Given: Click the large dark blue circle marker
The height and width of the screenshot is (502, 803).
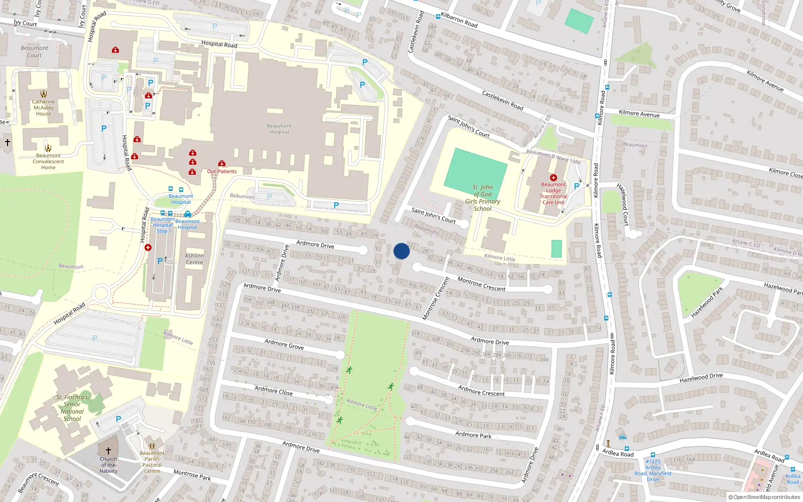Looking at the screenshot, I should (x=401, y=251).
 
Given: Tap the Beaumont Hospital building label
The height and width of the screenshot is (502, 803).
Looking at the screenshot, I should (x=279, y=129).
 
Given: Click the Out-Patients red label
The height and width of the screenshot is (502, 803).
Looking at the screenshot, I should (x=222, y=171).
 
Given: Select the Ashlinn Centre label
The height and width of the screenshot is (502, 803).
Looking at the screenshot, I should (x=194, y=259).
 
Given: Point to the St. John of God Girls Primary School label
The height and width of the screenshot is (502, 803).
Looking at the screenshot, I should (x=482, y=198).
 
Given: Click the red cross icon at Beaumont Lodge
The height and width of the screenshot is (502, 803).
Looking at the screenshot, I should (x=553, y=178).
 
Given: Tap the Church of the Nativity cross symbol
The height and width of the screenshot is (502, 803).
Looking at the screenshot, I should (x=108, y=451).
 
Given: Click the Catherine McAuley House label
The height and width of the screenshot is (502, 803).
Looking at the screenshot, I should (x=44, y=107).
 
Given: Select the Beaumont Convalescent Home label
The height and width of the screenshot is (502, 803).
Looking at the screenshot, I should (x=48, y=162).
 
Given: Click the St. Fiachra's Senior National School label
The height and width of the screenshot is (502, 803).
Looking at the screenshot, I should (x=72, y=408).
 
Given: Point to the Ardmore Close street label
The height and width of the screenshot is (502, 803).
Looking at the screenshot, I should (x=274, y=391).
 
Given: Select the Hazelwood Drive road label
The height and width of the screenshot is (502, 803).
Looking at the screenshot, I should (x=701, y=378).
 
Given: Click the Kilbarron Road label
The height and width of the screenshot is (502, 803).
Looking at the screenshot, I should (x=459, y=20).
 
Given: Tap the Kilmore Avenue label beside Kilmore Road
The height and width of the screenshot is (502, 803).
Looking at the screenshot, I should (x=639, y=114).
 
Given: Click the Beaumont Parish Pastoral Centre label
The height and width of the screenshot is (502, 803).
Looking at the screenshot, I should (x=152, y=462).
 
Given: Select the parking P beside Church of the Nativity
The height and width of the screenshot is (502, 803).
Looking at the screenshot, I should (x=118, y=419).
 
